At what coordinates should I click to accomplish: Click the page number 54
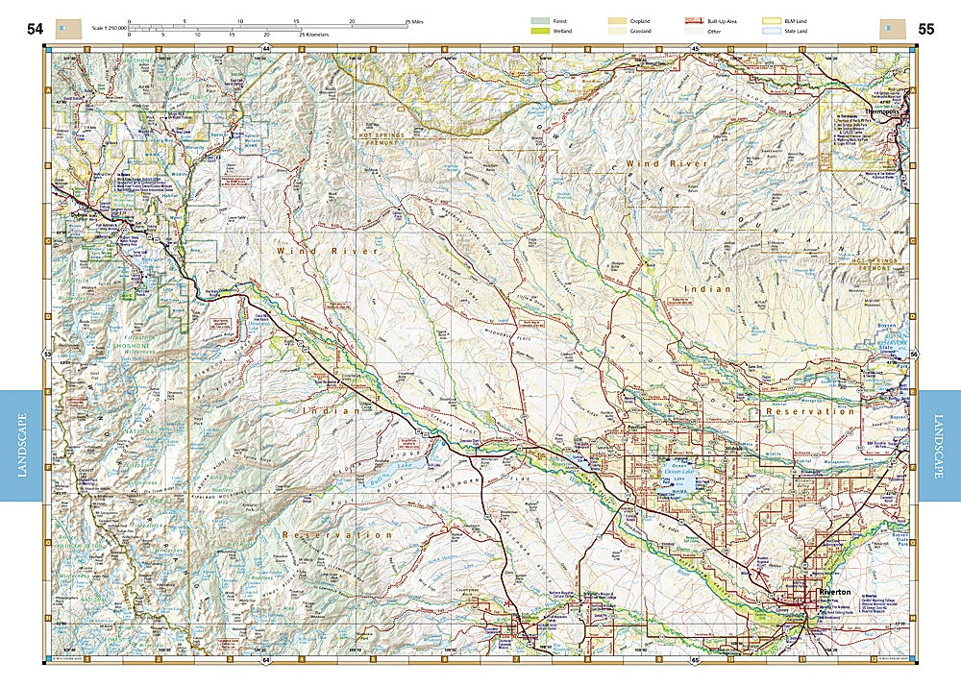coord(35,29)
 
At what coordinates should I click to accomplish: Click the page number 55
coord(925,29)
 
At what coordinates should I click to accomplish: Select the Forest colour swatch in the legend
coord(542,20)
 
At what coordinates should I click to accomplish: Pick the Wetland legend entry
coord(542,32)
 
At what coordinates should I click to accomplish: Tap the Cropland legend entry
coord(616,20)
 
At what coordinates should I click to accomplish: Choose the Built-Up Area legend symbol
coord(691,20)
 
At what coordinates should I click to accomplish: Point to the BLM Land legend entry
coord(770,20)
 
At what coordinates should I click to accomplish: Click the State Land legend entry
coord(770,32)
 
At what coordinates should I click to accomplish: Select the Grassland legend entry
coord(616,32)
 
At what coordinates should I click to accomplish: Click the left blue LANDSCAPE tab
coord(21,446)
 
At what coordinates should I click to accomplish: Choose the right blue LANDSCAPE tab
coord(939,446)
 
